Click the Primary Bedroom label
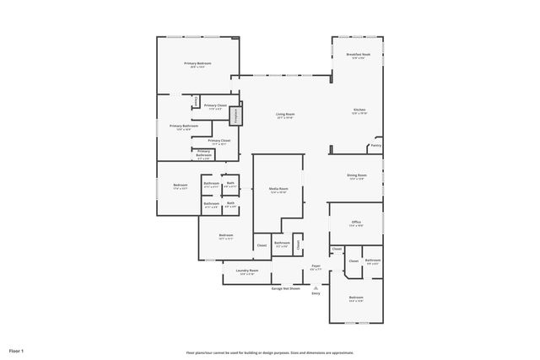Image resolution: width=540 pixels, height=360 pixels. coord(197,65)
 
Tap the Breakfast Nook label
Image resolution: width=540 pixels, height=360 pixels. coord(360,56)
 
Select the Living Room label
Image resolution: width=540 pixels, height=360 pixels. coord(285,115)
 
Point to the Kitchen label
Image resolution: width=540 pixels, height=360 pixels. coord(359,110)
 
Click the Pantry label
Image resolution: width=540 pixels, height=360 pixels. coord(375,145)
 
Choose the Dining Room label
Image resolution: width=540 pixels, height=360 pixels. coord(356,175)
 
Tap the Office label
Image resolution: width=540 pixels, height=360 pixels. coord(356,223)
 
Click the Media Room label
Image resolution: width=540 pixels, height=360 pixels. coord(278,190)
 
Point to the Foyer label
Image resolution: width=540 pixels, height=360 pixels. coord(316,266)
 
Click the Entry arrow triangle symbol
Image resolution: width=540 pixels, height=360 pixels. coord(316,287)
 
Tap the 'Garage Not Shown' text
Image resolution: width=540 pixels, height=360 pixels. coord(285,287)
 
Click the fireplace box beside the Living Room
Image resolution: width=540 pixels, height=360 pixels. coord(237,114)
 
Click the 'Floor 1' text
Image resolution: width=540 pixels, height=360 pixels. coord(17,350)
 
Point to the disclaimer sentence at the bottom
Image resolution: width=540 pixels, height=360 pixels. coord(270,352)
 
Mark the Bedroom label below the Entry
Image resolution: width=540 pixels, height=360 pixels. coord(356,298)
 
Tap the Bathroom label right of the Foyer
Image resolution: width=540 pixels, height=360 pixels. coord(372,261)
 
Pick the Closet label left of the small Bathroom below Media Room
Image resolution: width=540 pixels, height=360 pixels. coord(262,244)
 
